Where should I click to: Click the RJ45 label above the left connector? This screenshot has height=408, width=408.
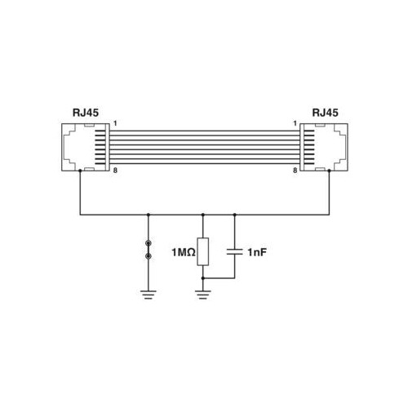86,113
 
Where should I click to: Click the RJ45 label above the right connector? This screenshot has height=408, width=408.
325,113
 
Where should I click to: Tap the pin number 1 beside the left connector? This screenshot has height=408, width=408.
115,123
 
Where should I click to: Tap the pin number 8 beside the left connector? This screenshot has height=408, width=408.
115,171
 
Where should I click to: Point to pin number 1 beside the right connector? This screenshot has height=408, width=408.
295,123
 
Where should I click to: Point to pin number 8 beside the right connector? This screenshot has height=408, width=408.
295,171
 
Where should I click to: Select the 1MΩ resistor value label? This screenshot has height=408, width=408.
184,252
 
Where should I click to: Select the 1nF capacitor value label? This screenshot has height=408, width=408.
257,252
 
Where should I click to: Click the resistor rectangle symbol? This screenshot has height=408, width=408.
203,251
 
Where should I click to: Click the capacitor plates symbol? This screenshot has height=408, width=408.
235,251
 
